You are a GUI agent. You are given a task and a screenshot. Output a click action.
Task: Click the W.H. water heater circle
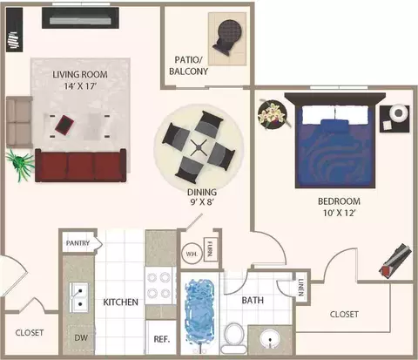point(192,254)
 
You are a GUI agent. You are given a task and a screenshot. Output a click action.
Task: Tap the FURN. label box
point(209,249)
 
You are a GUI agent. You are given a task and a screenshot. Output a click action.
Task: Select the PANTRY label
point(78,243)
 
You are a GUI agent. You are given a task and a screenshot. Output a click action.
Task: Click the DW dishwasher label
point(81,337)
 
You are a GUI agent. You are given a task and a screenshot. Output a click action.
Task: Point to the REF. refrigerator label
point(162,339)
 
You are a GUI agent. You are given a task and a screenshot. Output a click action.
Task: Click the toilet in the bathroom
point(234,338)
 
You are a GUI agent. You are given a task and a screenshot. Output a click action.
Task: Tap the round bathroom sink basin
point(270,339)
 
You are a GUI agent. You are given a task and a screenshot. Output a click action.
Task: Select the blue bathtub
point(200,311)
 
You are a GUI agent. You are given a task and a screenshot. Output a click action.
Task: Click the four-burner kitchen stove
point(160,285)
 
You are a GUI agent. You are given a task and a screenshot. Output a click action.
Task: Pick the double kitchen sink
point(79,297)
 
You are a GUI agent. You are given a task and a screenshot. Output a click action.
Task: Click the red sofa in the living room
point(81,166)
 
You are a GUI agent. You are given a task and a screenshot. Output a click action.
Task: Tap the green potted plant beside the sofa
point(20,165)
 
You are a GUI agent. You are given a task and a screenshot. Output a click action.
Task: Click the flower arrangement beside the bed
point(273,114)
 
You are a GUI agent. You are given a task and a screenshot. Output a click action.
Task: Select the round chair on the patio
point(228,36)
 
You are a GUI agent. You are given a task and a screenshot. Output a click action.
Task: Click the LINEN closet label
point(301,288)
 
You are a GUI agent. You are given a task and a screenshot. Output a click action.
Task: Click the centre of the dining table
point(199,146)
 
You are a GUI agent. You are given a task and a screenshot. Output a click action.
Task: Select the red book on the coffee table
point(64,125)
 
